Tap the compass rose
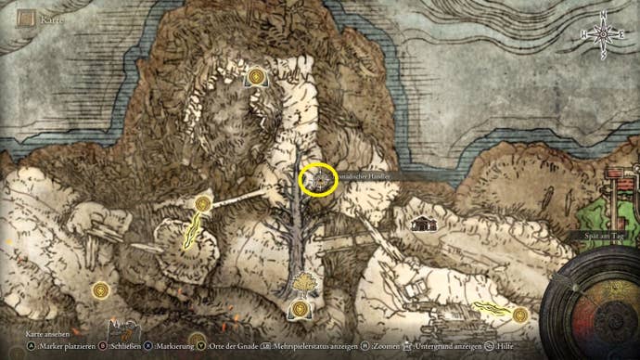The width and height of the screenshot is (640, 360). tap(601, 33)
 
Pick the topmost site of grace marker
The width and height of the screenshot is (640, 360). tap(255, 75)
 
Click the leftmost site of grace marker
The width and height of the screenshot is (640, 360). tap(101, 290)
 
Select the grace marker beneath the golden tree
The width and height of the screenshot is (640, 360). tap(300, 309)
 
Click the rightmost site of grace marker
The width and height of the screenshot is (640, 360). tap(519, 315)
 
